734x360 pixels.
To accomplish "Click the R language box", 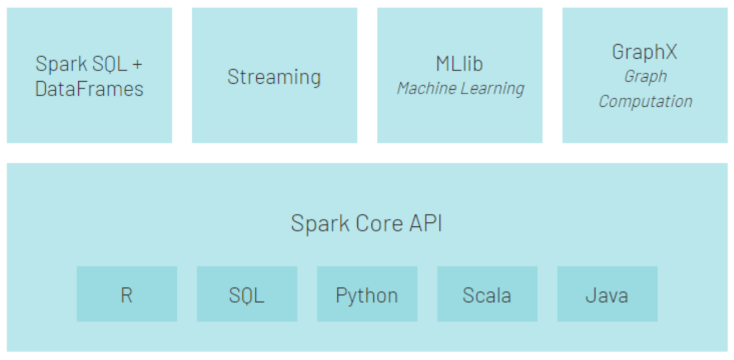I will [127, 294].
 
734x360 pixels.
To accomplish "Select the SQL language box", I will [247, 294].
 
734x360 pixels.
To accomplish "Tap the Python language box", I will [367, 294].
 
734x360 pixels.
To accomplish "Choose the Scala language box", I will [487, 294].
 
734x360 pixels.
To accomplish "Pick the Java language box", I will [607, 294].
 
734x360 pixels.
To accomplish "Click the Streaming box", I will [274, 75].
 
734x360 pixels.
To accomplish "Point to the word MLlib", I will [459, 64].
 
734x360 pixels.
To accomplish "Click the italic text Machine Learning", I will [460, 88].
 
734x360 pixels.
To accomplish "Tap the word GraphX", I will [645, 52].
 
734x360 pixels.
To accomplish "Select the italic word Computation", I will [645, 101].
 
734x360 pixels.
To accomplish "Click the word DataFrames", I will [89, 88].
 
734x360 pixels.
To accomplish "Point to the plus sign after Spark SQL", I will [137, 64].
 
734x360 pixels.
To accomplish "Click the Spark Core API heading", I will [366, 223].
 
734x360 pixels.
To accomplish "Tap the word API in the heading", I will [425, 223].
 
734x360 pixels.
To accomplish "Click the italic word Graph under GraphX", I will [645, 76].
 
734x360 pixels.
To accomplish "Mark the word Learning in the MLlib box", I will [493, 88].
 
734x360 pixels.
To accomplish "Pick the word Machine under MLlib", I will [427, 88].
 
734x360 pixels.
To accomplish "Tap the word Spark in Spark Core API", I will [320, 223].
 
